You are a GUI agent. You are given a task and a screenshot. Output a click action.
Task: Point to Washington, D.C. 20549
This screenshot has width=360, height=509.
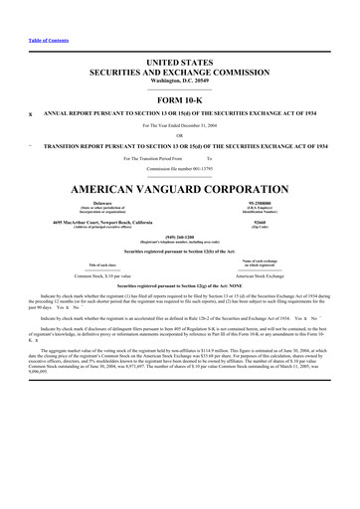point(179,80)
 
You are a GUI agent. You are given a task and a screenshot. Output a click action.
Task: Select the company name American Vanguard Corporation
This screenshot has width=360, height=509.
point(179,187)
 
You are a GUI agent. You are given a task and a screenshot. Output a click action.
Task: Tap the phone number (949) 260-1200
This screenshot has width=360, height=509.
point(179,238)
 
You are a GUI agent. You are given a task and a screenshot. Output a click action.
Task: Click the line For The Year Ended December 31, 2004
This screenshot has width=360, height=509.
point(179,124)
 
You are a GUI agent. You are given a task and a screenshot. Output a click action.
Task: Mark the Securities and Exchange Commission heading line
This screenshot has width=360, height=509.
point(179,71)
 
